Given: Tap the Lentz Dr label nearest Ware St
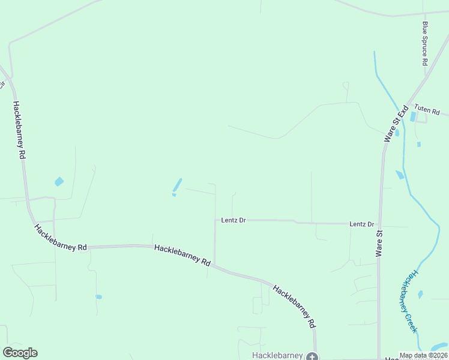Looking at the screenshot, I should tap(362, 224).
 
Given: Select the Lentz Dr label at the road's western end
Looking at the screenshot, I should tap(234, 220).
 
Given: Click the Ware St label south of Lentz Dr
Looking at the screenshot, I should tap(379, 243).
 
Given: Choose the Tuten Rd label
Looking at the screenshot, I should tap(427, 112).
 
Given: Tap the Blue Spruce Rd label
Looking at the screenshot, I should tap(425, 43).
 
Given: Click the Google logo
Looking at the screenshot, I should tap(20, 353).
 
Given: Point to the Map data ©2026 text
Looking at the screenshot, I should tap(423, 355).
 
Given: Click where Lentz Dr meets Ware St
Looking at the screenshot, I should tap(380, 224).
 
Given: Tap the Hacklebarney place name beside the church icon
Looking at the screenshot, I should tap(277, 355).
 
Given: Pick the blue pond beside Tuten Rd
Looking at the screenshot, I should tap(413, 116).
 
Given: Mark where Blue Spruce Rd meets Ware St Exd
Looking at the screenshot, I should tap(427, 76).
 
